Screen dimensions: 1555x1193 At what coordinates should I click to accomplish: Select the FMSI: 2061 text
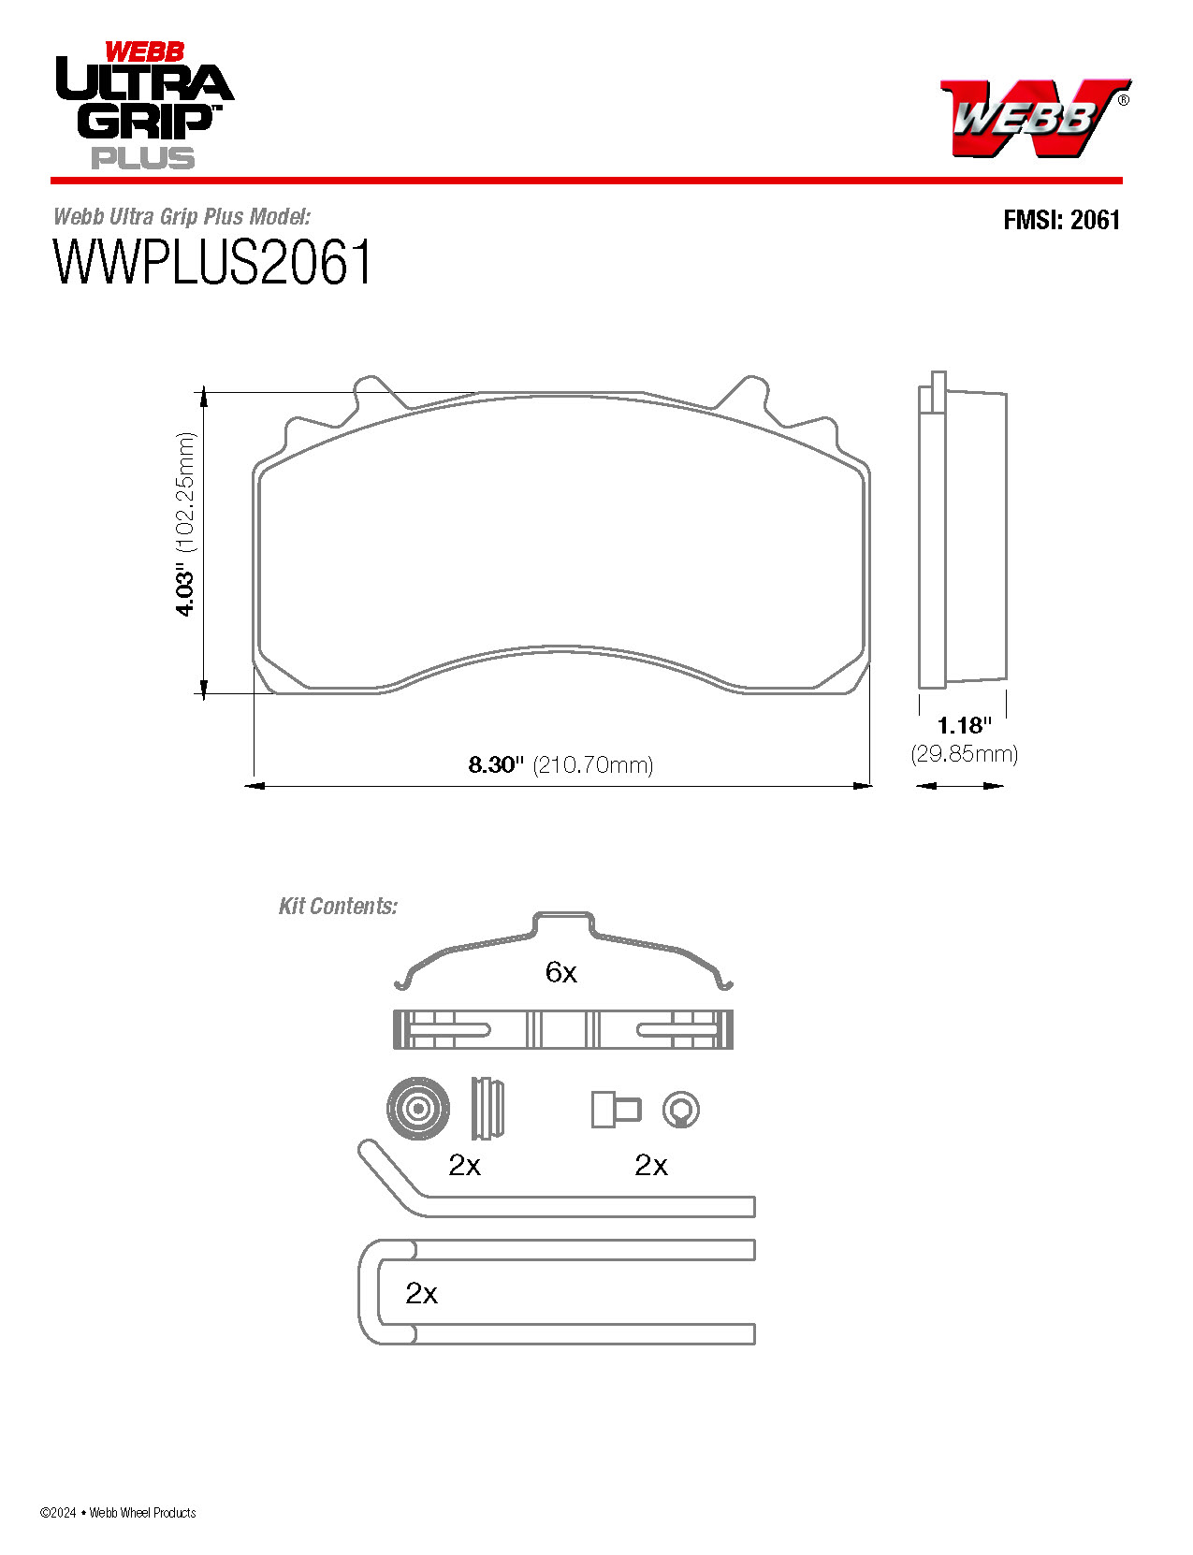1061,220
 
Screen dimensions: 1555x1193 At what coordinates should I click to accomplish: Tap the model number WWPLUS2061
213,263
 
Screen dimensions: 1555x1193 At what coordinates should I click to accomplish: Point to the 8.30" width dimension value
496,765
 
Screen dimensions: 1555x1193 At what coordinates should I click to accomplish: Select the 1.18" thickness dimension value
964,725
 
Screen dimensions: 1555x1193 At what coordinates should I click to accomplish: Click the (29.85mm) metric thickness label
964,754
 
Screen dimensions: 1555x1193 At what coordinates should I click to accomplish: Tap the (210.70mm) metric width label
593,765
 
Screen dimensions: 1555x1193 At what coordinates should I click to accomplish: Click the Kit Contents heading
338,906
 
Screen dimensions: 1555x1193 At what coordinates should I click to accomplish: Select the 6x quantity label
560,973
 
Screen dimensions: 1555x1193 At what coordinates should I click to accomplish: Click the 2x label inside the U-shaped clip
421,1293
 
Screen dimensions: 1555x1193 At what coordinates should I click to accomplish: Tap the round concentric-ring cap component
417,1109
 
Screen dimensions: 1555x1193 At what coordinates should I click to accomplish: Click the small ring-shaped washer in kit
680,1110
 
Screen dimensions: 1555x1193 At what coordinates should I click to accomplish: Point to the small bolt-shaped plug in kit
615,1110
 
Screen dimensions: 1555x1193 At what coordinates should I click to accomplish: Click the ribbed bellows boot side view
487,1109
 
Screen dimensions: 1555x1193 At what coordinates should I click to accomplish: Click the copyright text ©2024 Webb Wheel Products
118,1512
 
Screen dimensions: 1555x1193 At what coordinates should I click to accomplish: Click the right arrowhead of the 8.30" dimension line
864,786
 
